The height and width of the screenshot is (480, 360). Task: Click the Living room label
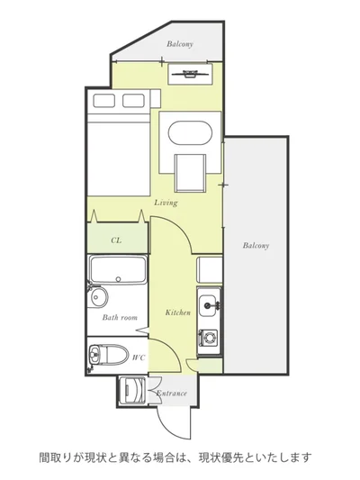166,203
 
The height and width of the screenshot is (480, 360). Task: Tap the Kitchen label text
177,312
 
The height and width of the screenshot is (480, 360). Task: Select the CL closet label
116,240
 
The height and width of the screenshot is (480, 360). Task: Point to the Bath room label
120,318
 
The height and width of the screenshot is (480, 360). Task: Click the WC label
139,358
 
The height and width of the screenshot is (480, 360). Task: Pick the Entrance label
172,393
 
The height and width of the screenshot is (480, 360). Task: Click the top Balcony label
180,44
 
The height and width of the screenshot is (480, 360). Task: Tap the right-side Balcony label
256,246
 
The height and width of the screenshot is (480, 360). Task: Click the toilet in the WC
108,355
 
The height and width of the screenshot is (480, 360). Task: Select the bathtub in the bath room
118,270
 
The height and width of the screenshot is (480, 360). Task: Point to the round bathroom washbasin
98,296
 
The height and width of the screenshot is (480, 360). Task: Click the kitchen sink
209,303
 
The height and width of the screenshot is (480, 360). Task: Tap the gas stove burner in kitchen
209,339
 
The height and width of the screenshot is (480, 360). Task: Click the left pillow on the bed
104,101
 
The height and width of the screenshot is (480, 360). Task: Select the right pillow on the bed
133,101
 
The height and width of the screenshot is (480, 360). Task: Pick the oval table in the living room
190,133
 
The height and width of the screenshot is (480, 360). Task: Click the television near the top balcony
190,74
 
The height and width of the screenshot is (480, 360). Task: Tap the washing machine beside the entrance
132,390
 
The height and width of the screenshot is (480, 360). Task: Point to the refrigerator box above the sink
209,270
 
